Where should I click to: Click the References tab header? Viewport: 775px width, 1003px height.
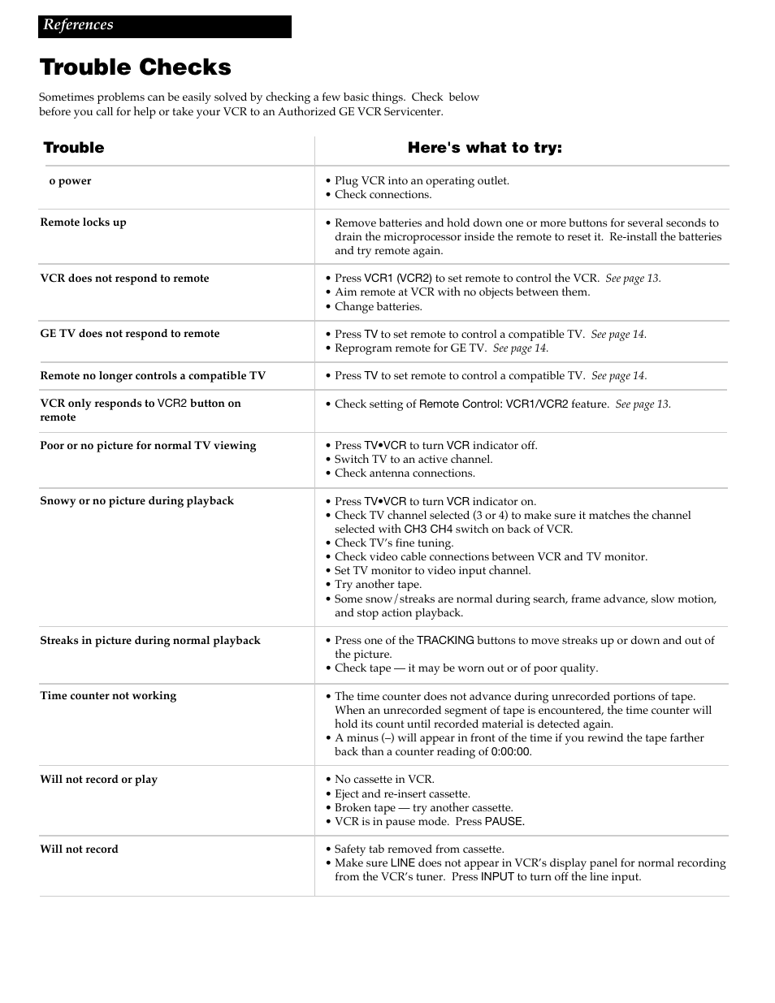tap(79, 25)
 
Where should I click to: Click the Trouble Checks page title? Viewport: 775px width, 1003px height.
tap(136, 67)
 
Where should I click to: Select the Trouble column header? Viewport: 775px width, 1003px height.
tap(74, 148)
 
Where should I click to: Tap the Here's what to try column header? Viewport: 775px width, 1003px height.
tap(484, 148)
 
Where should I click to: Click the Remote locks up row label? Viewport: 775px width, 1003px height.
tap(84, 223)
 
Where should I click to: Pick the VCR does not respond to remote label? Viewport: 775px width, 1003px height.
tap(124, 279)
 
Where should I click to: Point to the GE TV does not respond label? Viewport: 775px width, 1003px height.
tap(130, 334)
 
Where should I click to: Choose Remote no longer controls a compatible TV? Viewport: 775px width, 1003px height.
tap(153, 376)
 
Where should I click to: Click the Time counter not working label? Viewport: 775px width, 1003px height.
tap(108, 696)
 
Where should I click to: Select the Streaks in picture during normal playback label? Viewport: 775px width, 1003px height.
tap(150, 641)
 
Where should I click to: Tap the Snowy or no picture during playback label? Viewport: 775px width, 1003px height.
tap(136, 501)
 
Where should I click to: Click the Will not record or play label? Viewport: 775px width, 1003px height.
tap(99, 780)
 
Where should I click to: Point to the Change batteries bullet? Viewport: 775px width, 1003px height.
tap(379, 307)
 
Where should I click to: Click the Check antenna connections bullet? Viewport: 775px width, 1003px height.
tap(405, 473)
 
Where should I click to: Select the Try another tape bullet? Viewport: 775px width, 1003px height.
tap(378, 585)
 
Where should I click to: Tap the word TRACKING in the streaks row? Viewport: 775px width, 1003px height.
tap(445, 641)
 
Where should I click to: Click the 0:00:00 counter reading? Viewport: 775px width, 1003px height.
tap(511, 752)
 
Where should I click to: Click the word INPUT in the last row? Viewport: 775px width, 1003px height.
tap(497, 877)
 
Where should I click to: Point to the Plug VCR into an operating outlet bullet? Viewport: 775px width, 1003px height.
tap(422, 181)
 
